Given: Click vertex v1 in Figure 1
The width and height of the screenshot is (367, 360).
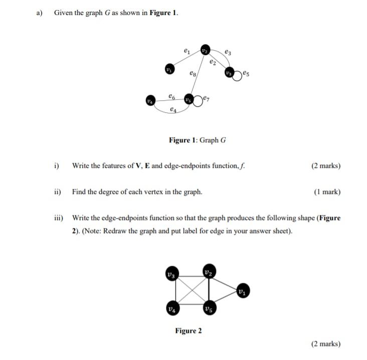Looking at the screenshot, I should (x=170, y=69).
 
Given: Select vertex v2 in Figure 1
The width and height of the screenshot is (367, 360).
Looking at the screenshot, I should (x=205, y=50).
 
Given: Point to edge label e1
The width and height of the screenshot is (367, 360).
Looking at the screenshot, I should (x=187, y=50).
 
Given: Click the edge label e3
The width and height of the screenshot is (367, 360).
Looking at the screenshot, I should (x=228, y=51).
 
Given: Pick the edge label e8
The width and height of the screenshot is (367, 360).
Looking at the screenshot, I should (x=193, y=74).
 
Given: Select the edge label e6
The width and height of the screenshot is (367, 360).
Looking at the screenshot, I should (x=172, y=95).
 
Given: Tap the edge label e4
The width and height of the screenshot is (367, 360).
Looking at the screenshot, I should (x=173, y=109).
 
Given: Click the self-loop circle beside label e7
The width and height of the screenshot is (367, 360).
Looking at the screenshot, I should (x=199, y=100).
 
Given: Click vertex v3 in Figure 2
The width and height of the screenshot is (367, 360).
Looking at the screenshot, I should (x=172, y=275).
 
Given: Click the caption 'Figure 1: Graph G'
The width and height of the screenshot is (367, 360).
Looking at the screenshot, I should (x=197, y=140).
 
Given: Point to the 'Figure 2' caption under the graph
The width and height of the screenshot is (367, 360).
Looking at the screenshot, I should (x=189, y=330).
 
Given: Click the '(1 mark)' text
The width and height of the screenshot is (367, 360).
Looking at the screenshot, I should (x=327, y=192).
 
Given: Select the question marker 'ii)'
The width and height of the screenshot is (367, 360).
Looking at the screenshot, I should (x=58, y=192).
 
